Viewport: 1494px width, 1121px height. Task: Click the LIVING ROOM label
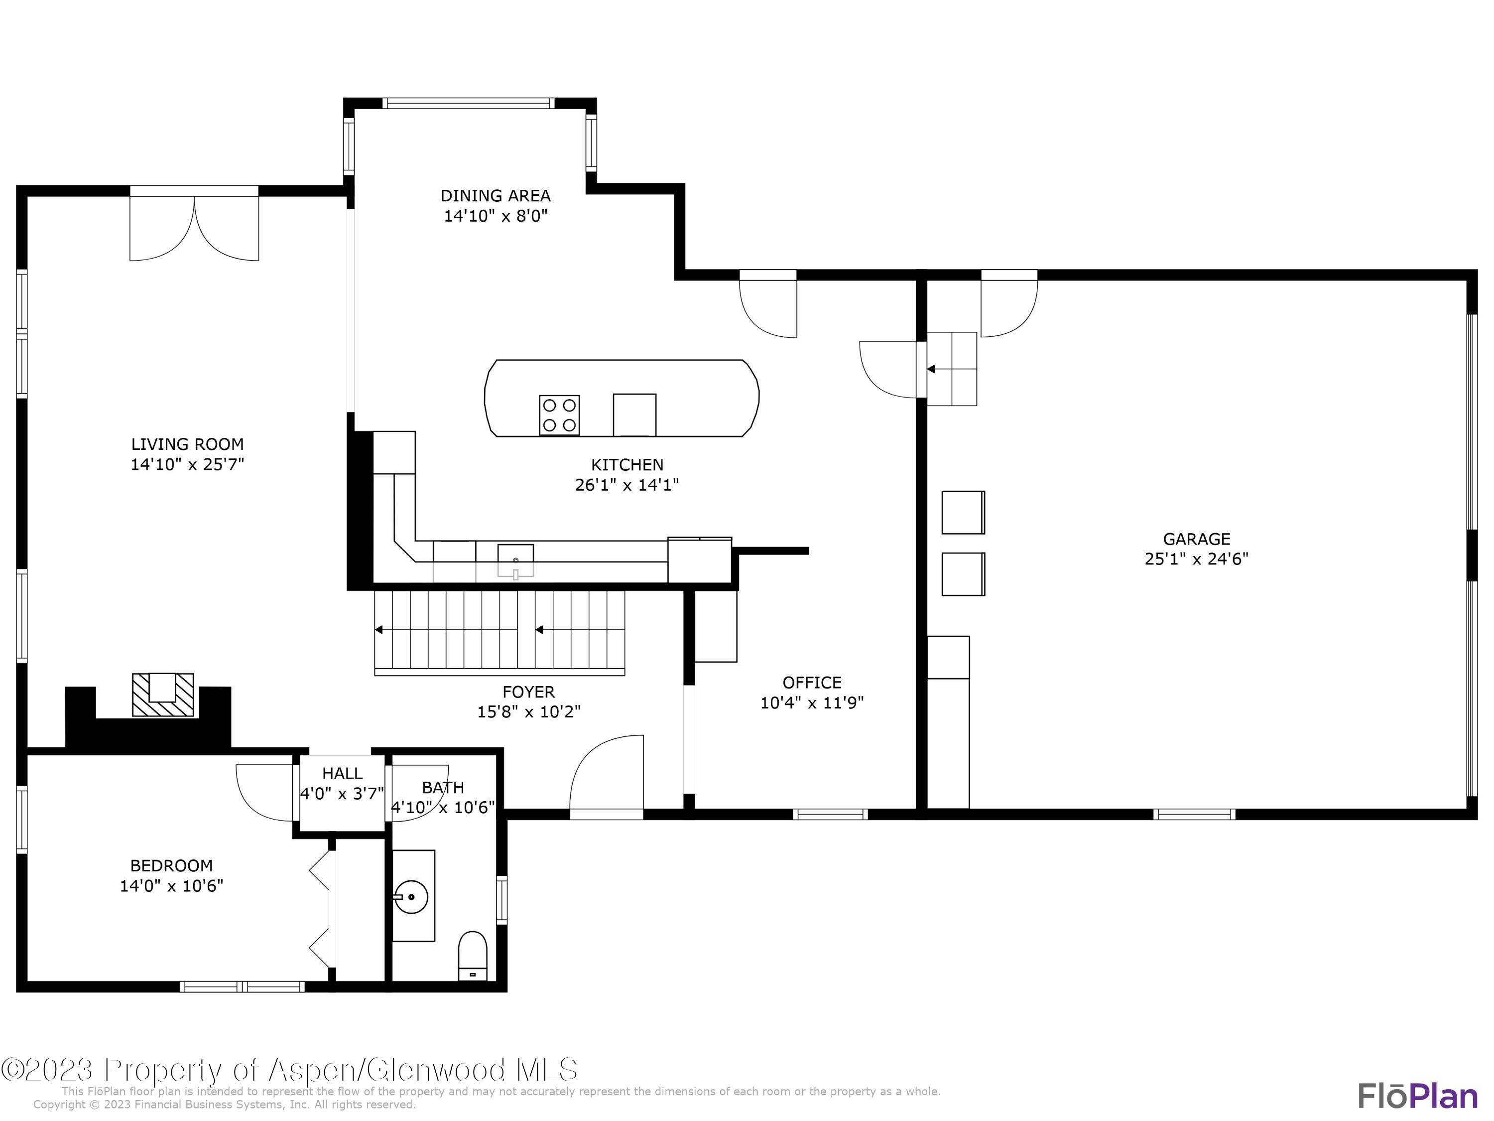click(187, 444)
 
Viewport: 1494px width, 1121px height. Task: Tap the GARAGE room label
click(1196, 539)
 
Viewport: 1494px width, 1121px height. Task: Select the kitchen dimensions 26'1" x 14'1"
click(627, 484)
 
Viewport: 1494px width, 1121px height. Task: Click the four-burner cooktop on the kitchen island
click(559, 415)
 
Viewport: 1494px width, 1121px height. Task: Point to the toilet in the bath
click(472, 956)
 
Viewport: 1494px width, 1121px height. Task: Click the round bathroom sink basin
click(411, 897)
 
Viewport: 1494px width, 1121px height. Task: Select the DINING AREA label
click(495, 195)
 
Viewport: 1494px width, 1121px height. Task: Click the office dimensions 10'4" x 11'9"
click(812, 702)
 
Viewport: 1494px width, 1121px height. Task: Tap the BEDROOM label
click(171, 865)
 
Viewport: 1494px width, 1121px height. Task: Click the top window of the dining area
click(469, 104)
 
